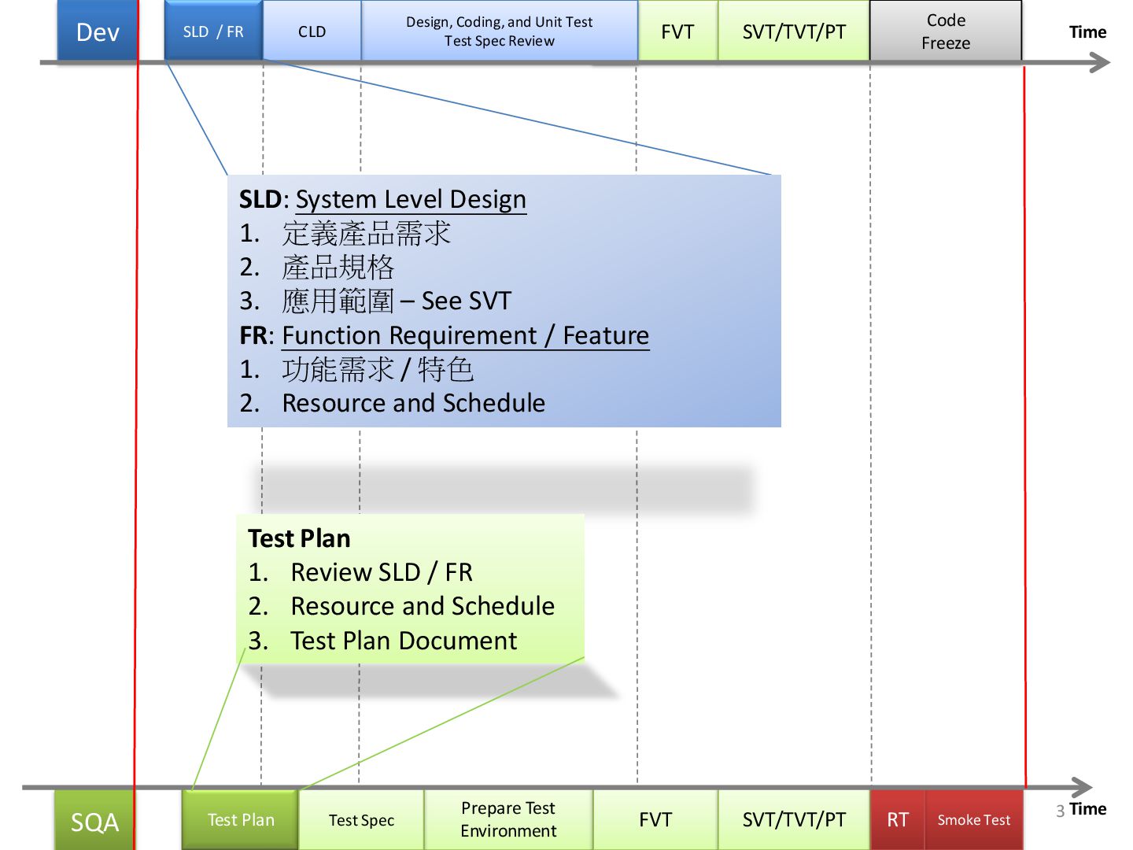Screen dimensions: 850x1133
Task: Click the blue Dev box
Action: [98, 31]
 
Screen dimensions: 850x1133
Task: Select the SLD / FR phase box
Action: [213, 31]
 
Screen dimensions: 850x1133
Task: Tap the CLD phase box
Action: [312, 31]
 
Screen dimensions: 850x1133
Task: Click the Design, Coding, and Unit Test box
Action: [499, 31]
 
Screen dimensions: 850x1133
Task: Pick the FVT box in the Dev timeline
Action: [677, 31]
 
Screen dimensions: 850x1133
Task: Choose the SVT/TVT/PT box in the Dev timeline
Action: [794, 31]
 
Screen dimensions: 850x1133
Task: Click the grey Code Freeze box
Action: [946, 31]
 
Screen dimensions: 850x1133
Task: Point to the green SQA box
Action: [94, 822]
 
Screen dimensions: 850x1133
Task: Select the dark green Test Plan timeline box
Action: [241, 820]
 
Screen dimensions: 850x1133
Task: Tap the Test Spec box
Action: [361, 820]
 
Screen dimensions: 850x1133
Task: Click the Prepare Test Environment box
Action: [508, 820]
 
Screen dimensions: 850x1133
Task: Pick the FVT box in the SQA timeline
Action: [655, 820]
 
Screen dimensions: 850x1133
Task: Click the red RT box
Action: [898, 820]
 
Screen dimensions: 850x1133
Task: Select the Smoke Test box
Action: [974, 820]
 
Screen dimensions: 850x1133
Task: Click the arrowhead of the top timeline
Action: [1101, 63]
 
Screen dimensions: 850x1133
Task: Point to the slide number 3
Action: [1061, 811]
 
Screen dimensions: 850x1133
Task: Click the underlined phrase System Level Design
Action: [411, 200]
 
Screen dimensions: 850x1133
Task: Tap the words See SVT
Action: [467, 301]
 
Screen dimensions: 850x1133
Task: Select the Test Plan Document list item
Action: [404, 641]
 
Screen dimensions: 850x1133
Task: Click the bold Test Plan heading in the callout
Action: [299, 538]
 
